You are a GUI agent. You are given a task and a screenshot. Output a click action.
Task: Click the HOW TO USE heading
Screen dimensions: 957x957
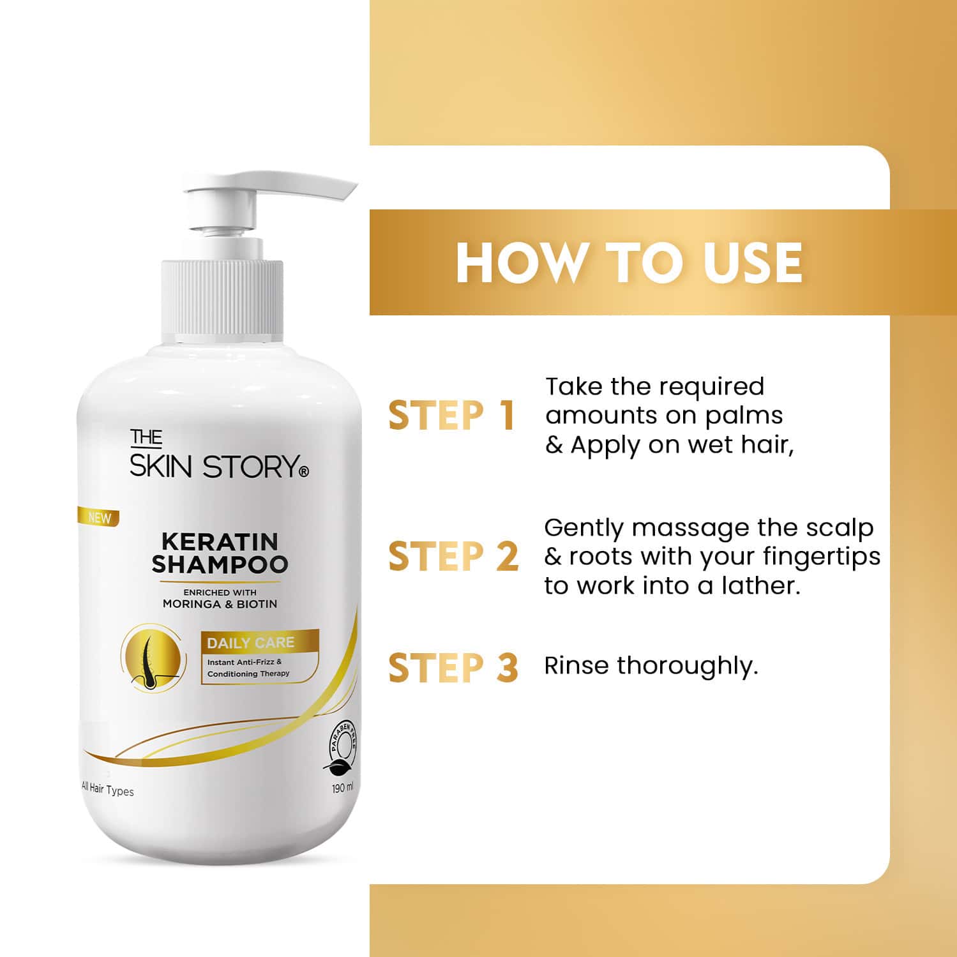pos(629,262)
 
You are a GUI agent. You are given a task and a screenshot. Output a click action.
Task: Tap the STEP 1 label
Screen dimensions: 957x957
pos(451,416)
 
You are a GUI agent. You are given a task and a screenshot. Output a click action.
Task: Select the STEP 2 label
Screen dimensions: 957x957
pos(453,555)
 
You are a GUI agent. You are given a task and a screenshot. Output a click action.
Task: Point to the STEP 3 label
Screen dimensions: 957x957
pos(453,667)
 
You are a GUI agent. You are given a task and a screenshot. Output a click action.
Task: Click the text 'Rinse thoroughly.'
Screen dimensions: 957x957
pos(651,666)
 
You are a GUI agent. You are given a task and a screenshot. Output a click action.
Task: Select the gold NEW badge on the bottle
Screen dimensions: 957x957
pos(98,517)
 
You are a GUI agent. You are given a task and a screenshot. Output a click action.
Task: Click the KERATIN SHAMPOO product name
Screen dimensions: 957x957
pos(220,553)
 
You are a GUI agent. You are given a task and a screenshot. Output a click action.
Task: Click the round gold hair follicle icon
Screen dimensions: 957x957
pos(154,658)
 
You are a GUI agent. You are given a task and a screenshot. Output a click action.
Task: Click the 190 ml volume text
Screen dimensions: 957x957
pos(342,788)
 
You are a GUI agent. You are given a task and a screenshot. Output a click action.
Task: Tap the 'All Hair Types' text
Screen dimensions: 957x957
pos(108,790)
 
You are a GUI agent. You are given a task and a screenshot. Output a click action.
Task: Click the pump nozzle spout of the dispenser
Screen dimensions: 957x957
pos(332,191)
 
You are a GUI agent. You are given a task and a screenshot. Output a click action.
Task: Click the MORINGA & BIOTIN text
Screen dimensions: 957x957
pos(220,604)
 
